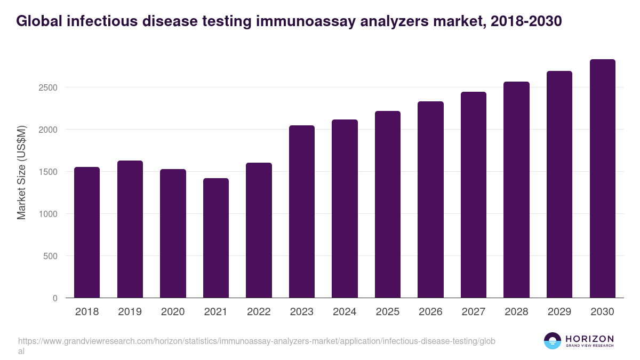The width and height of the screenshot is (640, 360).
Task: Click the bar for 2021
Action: point(215,238)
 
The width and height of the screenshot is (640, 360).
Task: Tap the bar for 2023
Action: point(301,211)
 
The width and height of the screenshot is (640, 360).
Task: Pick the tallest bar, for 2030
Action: point(602,178)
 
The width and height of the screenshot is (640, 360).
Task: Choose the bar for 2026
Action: point(430,199)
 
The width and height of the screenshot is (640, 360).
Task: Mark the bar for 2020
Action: point(173,233)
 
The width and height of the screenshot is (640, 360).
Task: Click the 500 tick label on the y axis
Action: point(50,256)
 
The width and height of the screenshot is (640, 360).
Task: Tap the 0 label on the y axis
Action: point(55,298)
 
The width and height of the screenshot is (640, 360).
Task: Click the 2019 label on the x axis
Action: point(130,312)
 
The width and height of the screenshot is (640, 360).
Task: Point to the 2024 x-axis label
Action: point(345,312)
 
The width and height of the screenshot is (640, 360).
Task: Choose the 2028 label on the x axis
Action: point(516,312)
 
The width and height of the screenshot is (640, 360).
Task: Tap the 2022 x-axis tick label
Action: point(259,312)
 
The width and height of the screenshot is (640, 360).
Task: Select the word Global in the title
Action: point(38,21)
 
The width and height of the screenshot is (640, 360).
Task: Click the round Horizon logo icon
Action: point(553,341)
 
